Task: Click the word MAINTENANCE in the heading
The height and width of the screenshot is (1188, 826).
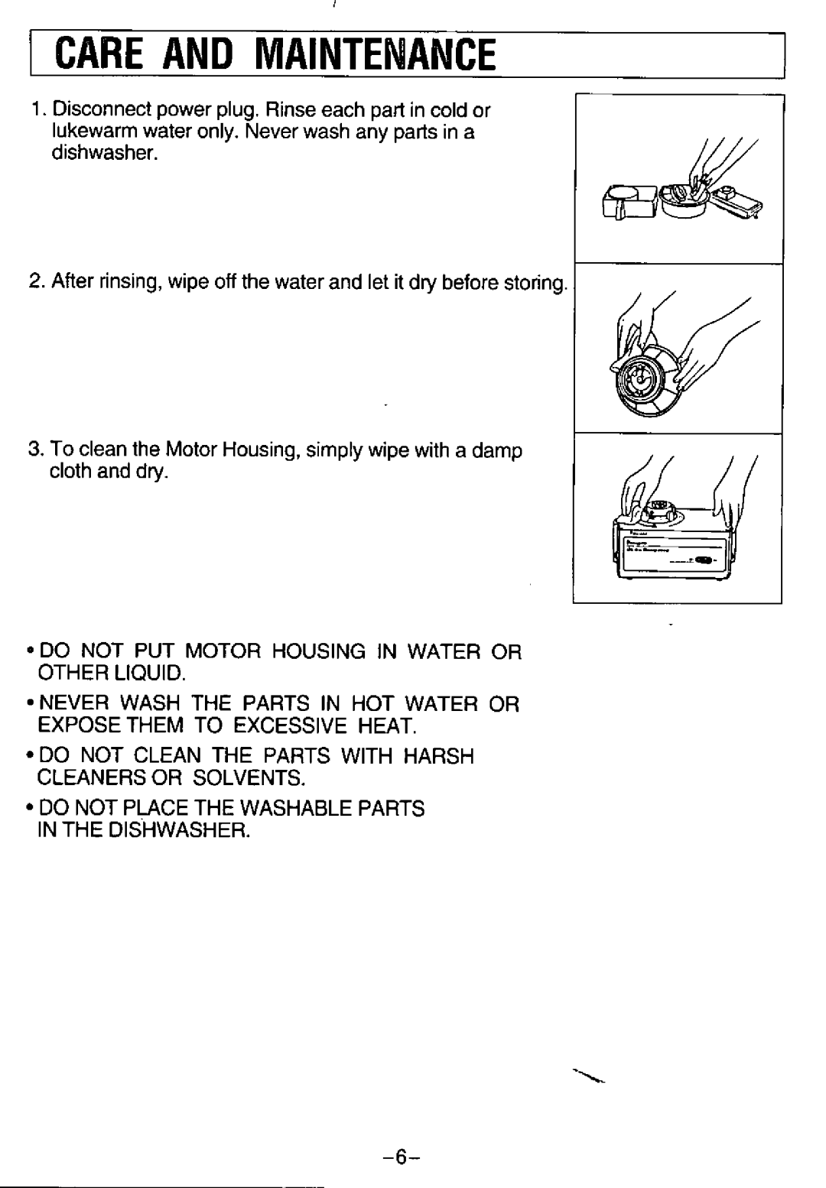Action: coord(375,55)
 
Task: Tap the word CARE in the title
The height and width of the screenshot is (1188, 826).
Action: coord(99,55)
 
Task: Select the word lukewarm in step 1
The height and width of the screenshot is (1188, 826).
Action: coord(89,131)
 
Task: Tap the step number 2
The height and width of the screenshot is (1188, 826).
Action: coord(35,281)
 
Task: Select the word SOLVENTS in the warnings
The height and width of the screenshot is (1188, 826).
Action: coord(249,777)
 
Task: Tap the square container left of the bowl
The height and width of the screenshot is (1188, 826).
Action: coord(630,202)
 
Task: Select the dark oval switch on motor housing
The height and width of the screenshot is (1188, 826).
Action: coord(703,559)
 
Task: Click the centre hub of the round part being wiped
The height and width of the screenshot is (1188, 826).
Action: coord(641,377)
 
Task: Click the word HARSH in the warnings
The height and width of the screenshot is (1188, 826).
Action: coord(439,756)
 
